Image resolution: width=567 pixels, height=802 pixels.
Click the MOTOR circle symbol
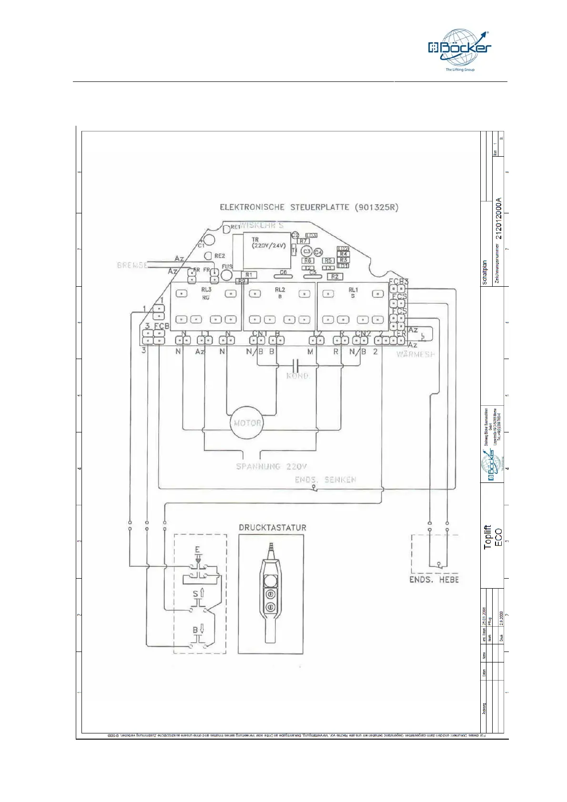click(247, 422)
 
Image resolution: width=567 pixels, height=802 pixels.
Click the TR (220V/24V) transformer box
click(267, 251)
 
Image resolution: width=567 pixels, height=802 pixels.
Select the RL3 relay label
click(206, 290)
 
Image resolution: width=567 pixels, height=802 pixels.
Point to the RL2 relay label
click(280, 290)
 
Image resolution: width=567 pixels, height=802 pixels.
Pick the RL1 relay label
click(353, 290)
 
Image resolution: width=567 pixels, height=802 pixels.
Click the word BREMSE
click(132, 265)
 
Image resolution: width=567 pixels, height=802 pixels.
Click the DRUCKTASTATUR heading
click(273, 528)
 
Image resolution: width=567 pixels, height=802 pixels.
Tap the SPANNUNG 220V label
click(272, 466)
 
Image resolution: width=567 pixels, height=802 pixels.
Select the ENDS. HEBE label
click(434, 580)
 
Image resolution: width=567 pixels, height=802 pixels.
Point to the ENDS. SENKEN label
click(325, 480)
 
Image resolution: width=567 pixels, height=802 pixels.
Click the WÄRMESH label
click(415, 354)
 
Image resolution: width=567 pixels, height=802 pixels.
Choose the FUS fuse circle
click(227, 275)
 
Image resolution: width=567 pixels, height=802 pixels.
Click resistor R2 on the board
click(335, 276)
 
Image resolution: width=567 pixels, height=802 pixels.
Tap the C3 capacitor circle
click(307, 251)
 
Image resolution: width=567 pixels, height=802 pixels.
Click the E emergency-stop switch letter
click(198, 550)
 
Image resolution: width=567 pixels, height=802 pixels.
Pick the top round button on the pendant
click(270, 581)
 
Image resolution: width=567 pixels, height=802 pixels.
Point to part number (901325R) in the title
click(376, 207)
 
